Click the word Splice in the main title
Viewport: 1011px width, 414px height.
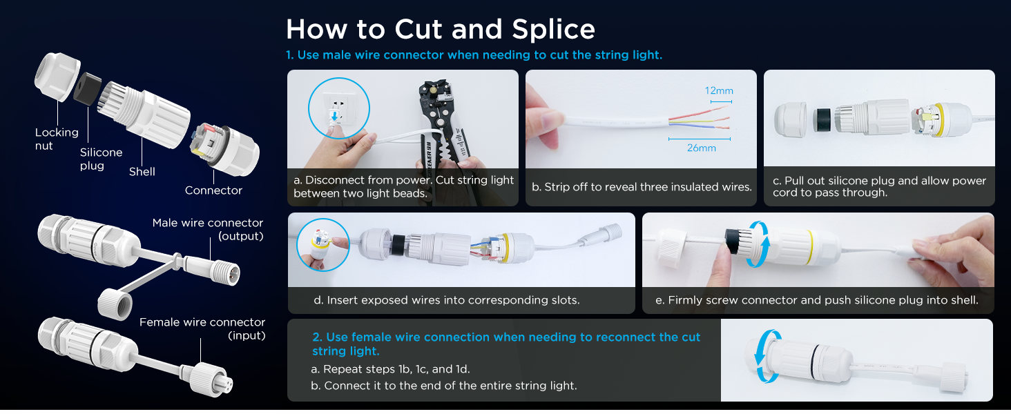553,30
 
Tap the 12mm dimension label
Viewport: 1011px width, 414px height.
719,90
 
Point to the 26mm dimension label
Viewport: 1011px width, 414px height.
702,148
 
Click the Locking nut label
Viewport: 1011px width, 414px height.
57,139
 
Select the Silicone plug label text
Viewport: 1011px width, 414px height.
101,159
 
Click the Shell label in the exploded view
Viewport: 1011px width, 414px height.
142,172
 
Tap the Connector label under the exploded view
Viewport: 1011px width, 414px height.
213,190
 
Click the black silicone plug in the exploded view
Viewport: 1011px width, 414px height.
87,88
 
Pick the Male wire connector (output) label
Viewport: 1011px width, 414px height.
208,229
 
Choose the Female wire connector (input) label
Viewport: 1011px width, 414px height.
202,328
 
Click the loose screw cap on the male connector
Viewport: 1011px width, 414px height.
115,304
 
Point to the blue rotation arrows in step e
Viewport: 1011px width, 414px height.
758,244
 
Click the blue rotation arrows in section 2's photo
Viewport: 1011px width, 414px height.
767,356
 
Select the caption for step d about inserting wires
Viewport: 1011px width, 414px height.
446,300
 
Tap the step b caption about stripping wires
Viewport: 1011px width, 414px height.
642,187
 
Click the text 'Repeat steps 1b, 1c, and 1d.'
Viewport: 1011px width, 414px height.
390,369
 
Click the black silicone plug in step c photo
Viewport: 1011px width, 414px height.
822,120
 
